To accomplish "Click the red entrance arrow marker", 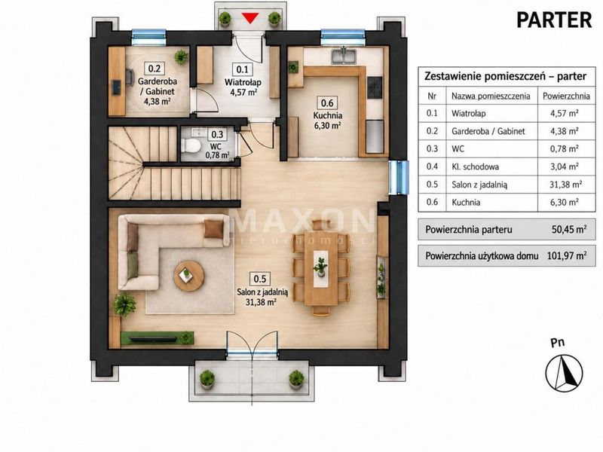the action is tap(250, 18).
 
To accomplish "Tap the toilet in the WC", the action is tap(191, 145).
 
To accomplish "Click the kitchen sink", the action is tap(344, 55).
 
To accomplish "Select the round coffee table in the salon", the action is tap(188, 275).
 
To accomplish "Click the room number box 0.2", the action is tap(155, 69).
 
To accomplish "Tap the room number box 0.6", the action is tap(327, 102).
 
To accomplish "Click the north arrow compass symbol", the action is tap(564, 372).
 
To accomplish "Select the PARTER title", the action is tap(554, 20).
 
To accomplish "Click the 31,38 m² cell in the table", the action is tap(565, 185).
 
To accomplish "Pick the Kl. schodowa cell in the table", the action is tap(476, 166).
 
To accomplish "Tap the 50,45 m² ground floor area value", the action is tap(569, 230).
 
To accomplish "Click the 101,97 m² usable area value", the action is tap(567, 255).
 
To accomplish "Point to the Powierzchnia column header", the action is tap(566, 96).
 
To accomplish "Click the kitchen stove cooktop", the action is tap(375, 87).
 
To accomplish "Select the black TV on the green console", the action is tap(152, 338).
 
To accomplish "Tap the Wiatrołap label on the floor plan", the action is tap(243, 82).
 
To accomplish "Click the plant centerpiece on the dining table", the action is tap(320, 266).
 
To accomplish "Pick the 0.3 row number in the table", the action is tap(432, 148).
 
